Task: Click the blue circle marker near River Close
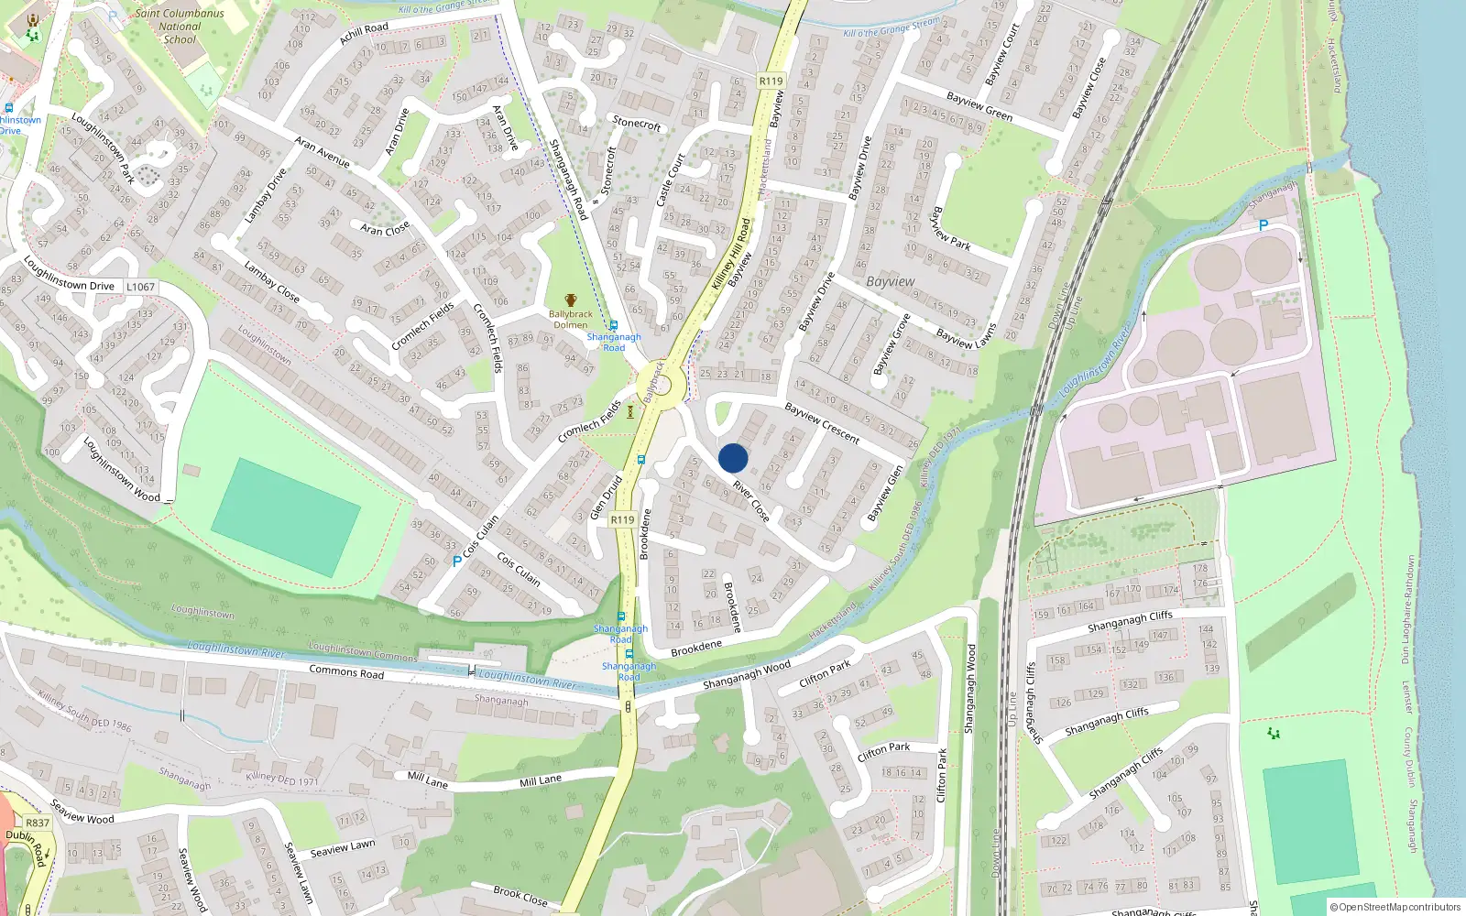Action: [x=733, y=458]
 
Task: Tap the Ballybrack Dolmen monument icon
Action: [x=571, y=300]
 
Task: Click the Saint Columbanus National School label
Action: [x=180, y=27]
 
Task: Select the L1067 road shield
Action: [x=140, y=287]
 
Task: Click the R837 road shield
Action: [x=38, y=823]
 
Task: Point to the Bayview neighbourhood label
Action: [x=890, y=281]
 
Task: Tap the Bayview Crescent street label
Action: [x=822, y=423]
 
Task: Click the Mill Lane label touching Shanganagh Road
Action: [x=541, y=780]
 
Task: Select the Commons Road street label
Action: [x=346, y=672]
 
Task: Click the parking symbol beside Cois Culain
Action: [x=457, y=562]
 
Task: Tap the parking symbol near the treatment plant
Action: [x=1264, y=225]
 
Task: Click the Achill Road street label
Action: [x=364, y=34]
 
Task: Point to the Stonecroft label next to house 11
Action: [x=637, y=123]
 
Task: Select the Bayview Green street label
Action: [x=979, y=106]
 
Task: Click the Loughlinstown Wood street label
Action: [x=121, y=469]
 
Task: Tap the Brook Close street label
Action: [x=520, y=896]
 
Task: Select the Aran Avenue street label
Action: [x=322, y=151]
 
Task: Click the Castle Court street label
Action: [x=671, y=179]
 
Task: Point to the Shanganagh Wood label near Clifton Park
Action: [x=746, y=675]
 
